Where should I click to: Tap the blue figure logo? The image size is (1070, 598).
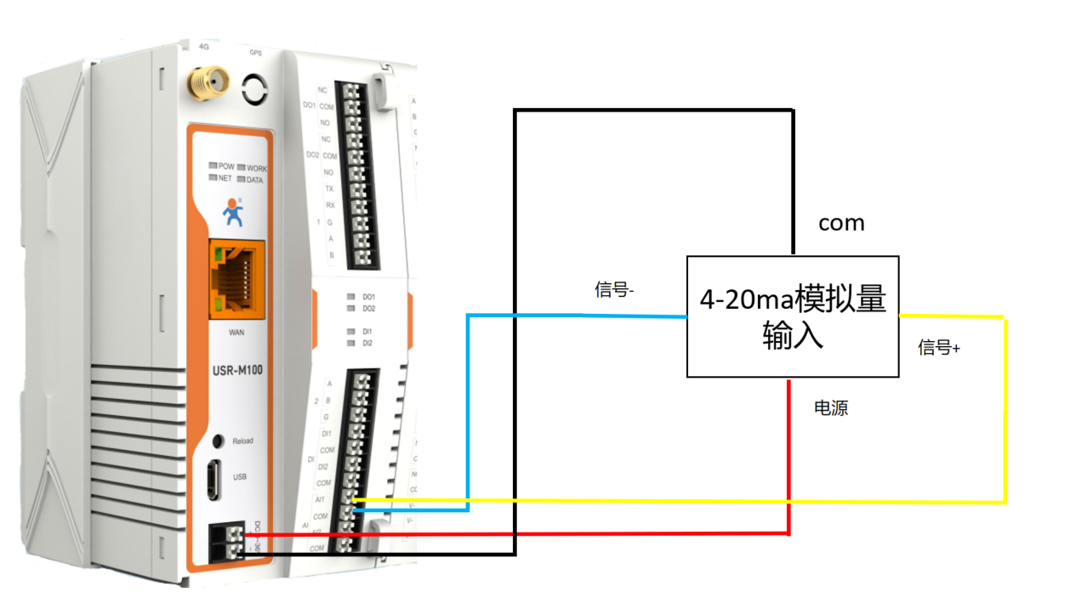[x=232, y=212]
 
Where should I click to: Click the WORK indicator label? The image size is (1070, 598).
[x=256, y=168]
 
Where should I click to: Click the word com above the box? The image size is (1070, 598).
[x=841, y=223]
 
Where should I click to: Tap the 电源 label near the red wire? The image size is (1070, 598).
[x=831, y=408]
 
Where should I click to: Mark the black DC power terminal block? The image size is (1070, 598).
[x=225, y=542]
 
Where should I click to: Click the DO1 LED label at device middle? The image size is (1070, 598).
[x=368, y=297]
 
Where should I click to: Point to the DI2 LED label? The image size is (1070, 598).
[x=368, y=343]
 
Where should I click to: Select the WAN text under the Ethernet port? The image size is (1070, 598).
[x=237, y=332]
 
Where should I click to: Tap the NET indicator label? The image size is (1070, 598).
[x=225, y=179]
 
